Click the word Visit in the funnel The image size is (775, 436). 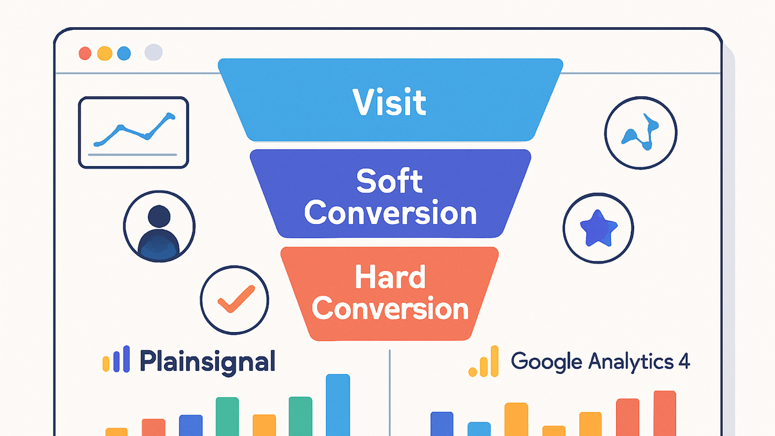click(x=389, y=102)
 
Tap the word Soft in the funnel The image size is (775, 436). click(x=389, y=181)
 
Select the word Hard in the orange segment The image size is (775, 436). click(x=390, y=276)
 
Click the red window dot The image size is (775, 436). click(x=85, y=54)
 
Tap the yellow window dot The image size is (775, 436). click(x=105, y=54)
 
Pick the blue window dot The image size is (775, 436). click(x=124, y=54)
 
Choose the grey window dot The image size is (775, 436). click(x=153, y=52)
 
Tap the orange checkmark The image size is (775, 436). click(x=236, y=299)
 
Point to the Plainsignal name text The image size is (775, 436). click(x=207, y=362)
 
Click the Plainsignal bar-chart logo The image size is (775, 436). click(x=116, y=359)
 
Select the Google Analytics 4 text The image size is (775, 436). click(x=600, y=362)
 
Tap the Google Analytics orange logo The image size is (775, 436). click(x=484, y=361)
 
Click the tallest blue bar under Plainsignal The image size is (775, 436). click(x=338, y=405)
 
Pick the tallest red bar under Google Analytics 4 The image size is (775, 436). click(x=665, y=413)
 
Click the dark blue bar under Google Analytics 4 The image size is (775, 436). click(x=442, y=424)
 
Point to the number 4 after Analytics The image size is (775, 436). click(x=684, y=361)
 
